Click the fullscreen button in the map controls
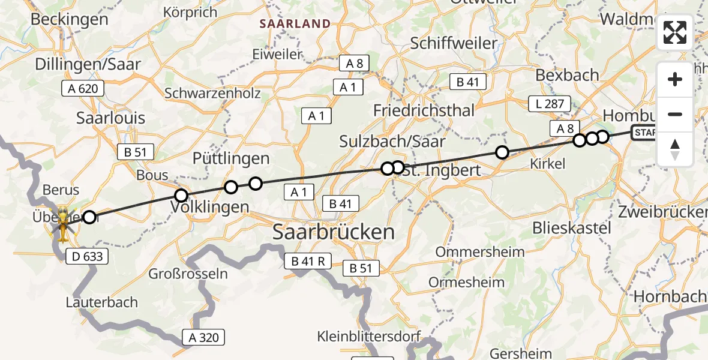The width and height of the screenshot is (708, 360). pos(675,32)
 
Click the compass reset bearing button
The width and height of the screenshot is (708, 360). pos(675,149)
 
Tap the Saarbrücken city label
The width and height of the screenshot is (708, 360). pos(334,232)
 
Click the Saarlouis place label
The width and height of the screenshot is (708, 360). pos(111,118)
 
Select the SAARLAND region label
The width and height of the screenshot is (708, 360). pos(295,24)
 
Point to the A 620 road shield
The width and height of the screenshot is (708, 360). pos(83,89)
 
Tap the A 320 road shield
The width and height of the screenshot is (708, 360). pos(204,337)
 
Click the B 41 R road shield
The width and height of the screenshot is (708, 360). pos(308,261)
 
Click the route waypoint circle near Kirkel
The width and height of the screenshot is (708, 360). pos(502,152)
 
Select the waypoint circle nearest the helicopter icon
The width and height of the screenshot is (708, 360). pos(89,217)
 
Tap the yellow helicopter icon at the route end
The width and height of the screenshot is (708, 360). pos(62,223)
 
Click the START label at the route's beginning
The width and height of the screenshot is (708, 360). pos(645,132)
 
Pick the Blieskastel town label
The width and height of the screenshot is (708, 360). pos(572,228)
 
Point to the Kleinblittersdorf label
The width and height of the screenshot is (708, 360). pos(369,336)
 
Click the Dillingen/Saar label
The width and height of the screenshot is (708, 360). pos(88,64)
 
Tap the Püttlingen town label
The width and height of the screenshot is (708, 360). pos(231,158)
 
